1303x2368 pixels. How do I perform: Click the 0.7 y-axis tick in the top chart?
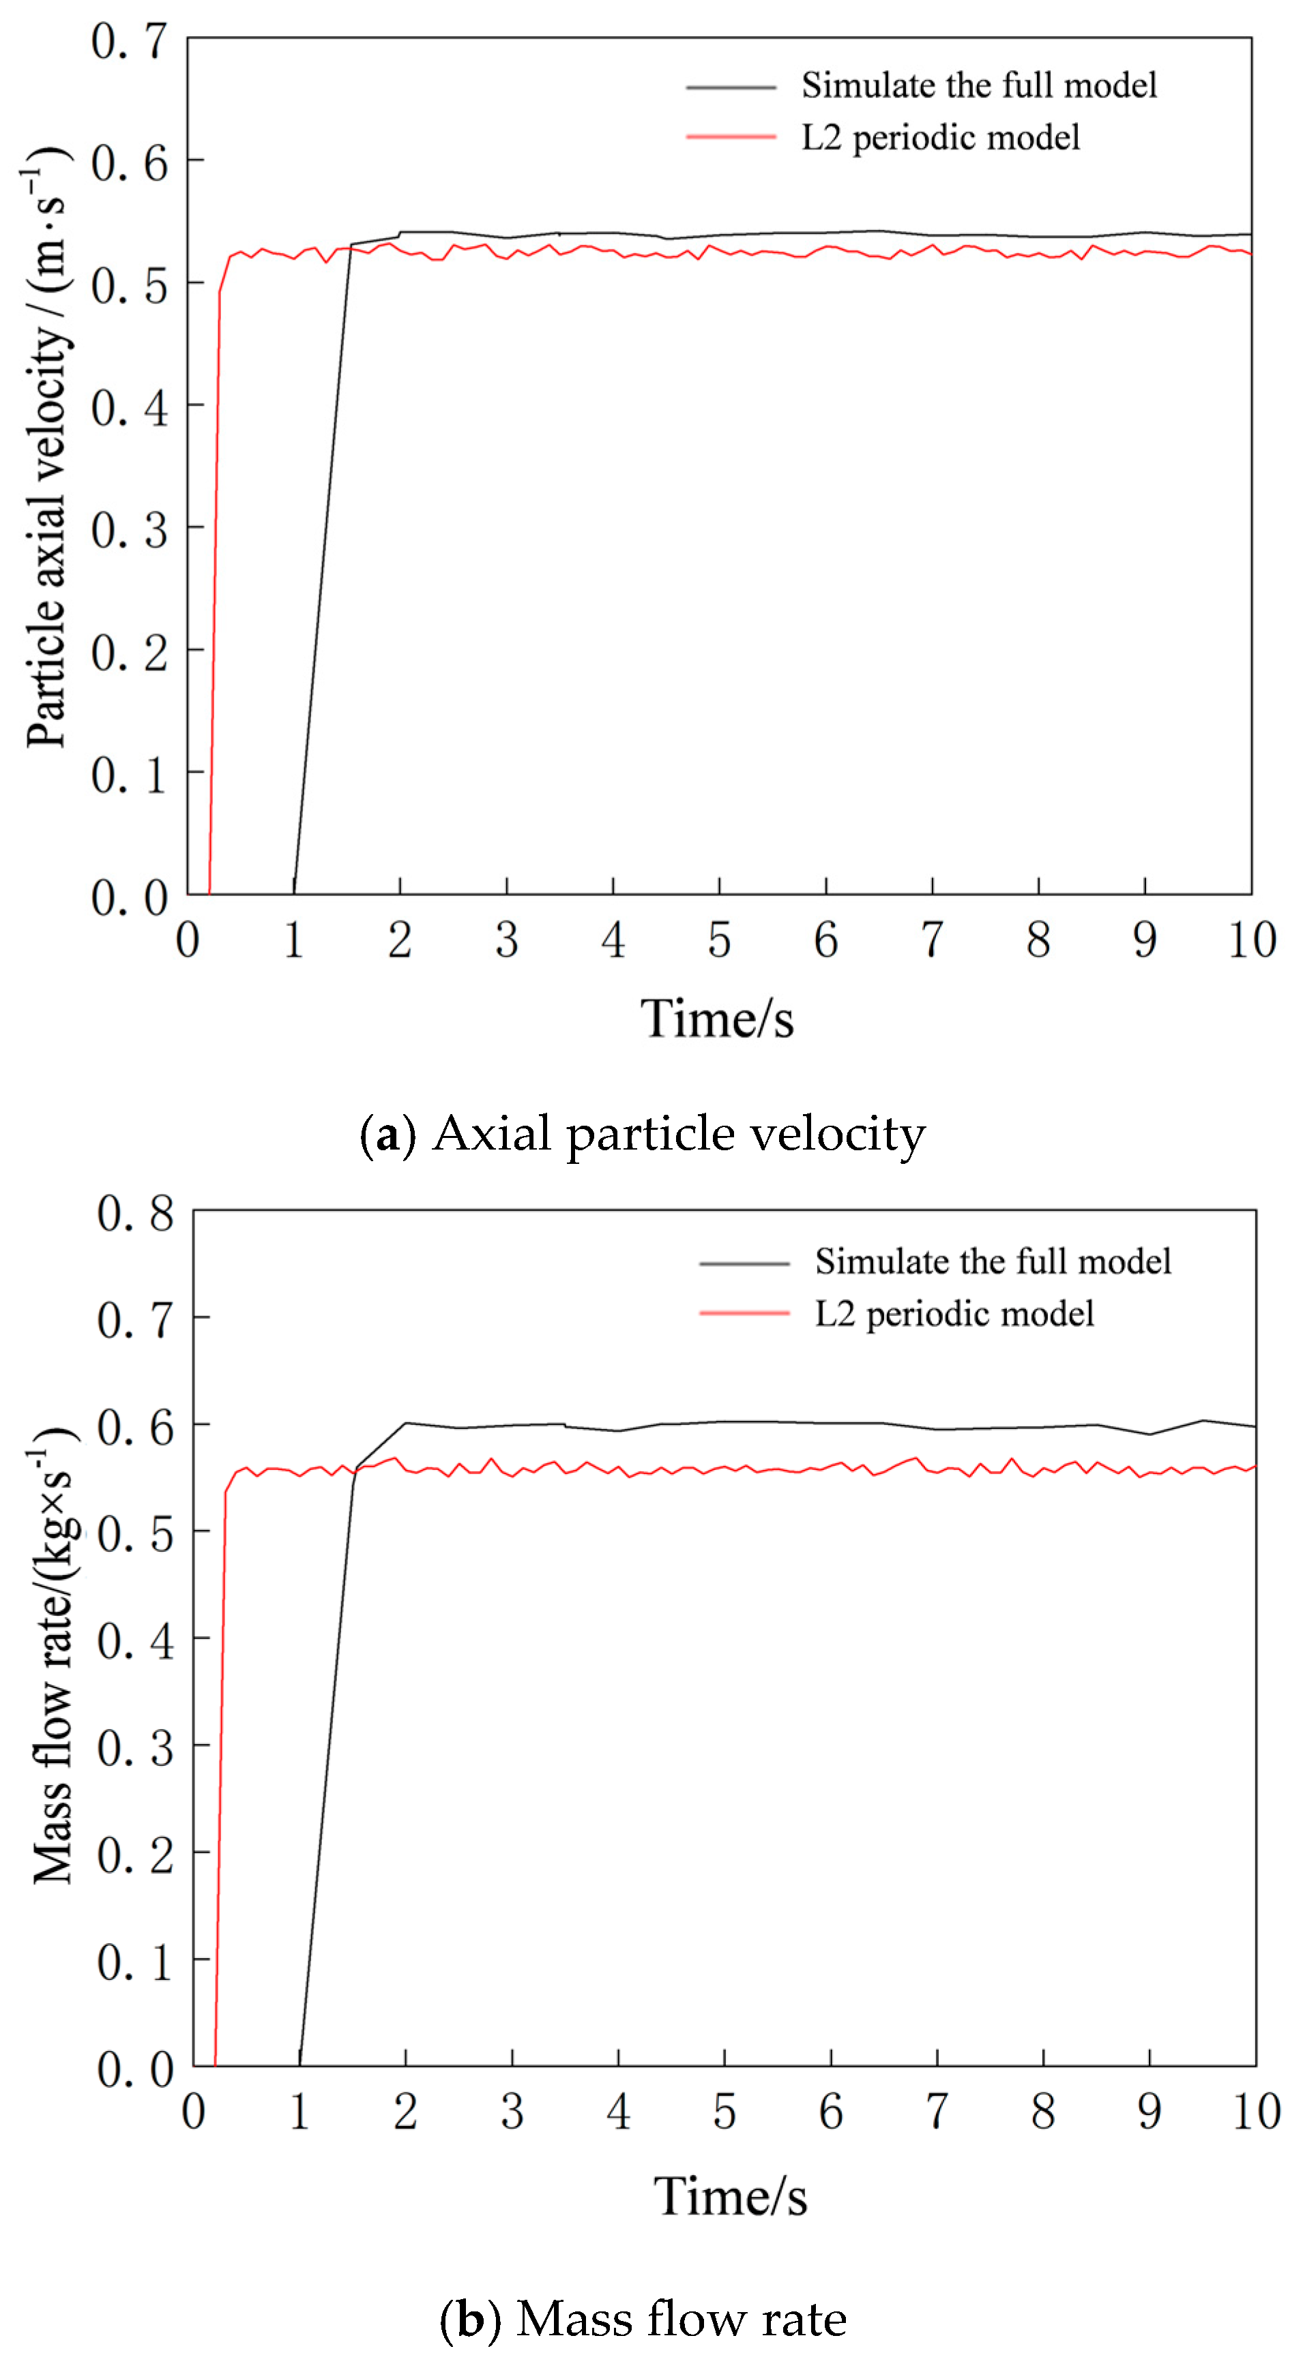tap(130, 42)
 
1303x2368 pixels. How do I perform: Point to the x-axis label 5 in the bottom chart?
tap(724, 2112)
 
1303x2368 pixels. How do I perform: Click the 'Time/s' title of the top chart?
tap(716, 1019)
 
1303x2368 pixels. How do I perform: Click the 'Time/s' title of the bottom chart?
tap(730, 2197)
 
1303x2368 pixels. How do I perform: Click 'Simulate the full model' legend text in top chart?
tap(978, 85)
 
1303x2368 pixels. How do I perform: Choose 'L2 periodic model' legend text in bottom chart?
tap(954, 1314)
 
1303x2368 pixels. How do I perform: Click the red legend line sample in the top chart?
tap(731, 137)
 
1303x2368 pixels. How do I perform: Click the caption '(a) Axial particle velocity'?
tap(642, 1133)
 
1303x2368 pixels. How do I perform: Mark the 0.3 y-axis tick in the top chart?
tap(130, 530)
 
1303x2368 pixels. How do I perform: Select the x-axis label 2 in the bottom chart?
tap(405, 2112)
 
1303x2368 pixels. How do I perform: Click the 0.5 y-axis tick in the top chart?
tap(130, 286)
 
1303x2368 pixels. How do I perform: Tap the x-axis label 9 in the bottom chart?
tap(1150, 2112)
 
